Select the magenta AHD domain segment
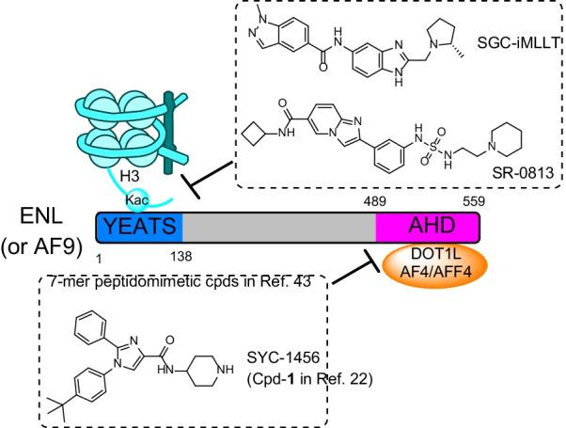point(428,227)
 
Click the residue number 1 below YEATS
point(99,254)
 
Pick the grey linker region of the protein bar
point(278,227)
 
